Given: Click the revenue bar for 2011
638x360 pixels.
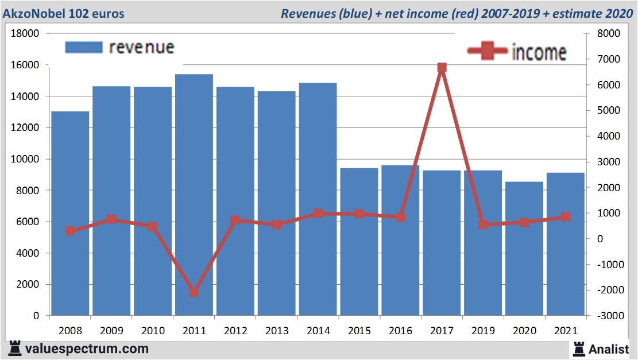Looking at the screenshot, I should [194, 195].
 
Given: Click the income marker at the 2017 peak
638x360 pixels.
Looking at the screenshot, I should [442, 68].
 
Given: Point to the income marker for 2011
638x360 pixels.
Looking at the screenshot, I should [194, 292].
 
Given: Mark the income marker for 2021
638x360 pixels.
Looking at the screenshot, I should [566, 217].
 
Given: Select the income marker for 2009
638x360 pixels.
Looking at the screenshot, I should [111, 219].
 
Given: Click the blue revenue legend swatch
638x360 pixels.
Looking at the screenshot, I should [83, 47].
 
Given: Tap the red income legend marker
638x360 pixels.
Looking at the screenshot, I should [488, 51].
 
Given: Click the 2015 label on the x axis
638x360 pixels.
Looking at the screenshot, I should [359, 331].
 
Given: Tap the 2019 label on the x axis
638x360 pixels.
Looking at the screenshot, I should [483, 331].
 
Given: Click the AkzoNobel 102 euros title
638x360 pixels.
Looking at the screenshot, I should [64, 14].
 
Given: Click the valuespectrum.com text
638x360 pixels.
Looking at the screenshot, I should [87, 349].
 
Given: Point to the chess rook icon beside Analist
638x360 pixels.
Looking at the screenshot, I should [578, 349].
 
